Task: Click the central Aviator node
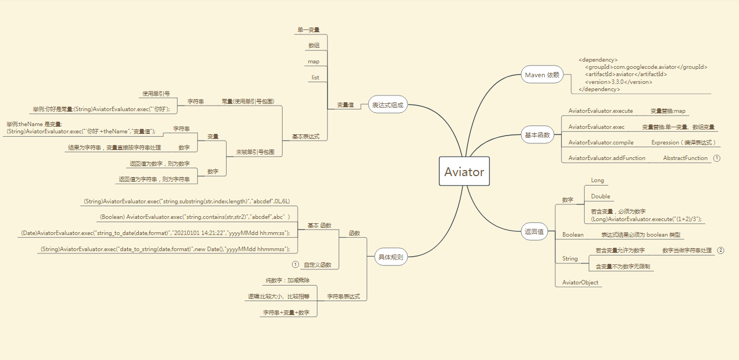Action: pyautogui.click(x=464, y=172)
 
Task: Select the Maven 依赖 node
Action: pyautogui.click(x=542, y=75)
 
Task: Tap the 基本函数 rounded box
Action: pyautogui.click(x=537, y=134)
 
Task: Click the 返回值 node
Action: pyautogui.click(x=534, y=232)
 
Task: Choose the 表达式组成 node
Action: pyautogui.click(x=388, y=104)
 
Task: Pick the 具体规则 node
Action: pyautogui.click(x=390, y=257)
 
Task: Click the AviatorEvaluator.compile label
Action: pyautogui.click(x=601, y=143)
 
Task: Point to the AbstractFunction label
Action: pyautogui.click(x=685, y=158)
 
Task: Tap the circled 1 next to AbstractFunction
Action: pyautogui.click(x=717, y=158)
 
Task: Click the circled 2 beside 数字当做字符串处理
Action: pyautogui.click(x=721, y=251)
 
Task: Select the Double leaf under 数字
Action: pyautogui.click(x=600, y=196)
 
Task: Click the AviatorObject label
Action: pyautogui.click(x=580, y=283)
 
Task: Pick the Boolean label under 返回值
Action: pyautogui.click(x=572, y=235)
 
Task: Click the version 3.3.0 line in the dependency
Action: pyautogui.click(x=619, y=82)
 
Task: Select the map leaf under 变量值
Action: pyautogui.click(x=313, y=61)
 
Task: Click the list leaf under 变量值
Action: pyautogui.click(x=315, y=77)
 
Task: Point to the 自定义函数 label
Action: pyautogui.click(x=317, y=265)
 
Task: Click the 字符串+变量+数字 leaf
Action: pyautogui.click(x=286, y=313)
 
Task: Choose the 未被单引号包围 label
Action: pyautogui.click(x=255, y=152)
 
